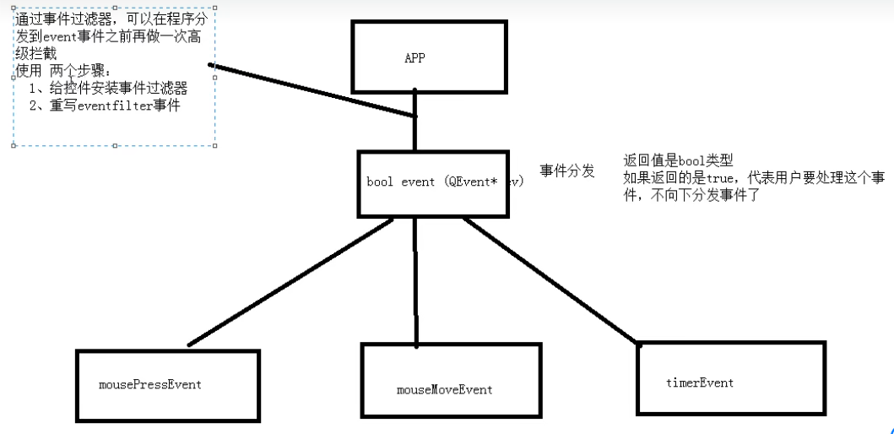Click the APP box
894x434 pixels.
coord(428,57)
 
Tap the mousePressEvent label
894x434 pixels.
coord(150,385)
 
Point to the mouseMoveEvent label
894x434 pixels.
coord(444,390)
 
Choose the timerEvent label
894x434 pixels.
coord(700,382)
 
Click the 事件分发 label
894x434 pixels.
coord(566,171)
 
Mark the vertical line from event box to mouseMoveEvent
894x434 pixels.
coord(415,279)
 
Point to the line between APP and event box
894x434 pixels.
coord(414,133)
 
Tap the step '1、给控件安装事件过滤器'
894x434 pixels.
coord(108,88)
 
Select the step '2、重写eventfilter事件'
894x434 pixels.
coord(104,106)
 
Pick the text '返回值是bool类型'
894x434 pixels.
coord(679,160)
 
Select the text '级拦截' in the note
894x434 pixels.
coord(36,53)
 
